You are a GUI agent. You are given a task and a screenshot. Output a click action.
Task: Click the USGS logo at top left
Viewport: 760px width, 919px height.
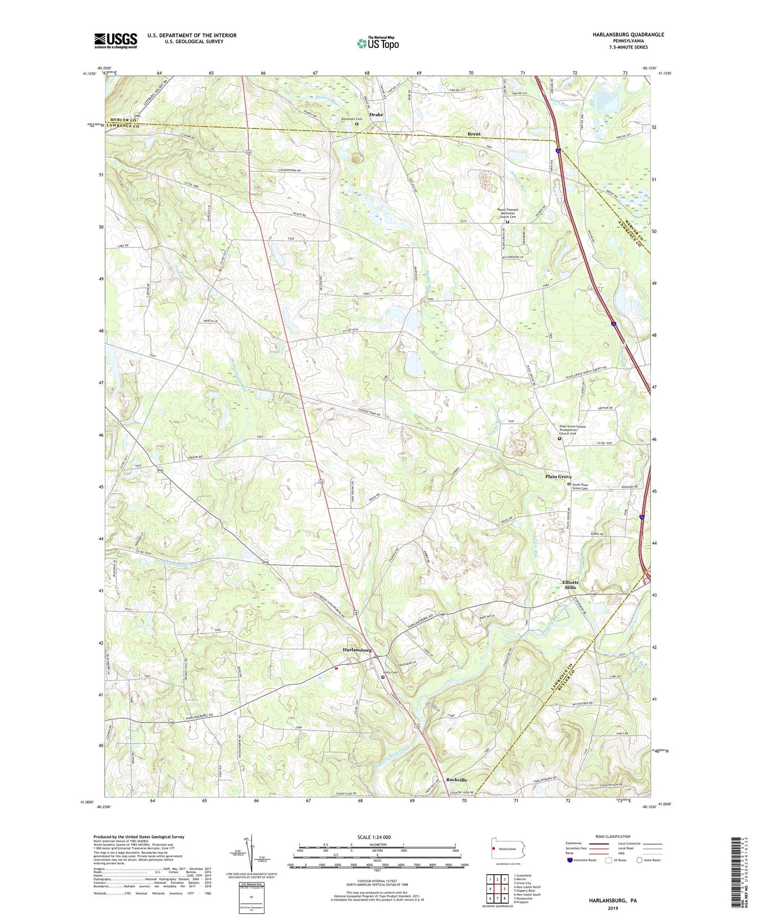(115, 41)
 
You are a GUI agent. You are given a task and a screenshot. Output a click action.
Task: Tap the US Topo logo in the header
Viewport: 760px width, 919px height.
(378, 43)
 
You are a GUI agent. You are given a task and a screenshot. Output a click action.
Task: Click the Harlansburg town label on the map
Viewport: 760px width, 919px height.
(357, 650)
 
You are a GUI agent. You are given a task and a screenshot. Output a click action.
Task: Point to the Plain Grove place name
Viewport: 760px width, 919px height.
(558, 476)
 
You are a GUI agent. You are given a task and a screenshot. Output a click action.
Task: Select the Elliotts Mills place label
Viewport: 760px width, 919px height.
(570, 585)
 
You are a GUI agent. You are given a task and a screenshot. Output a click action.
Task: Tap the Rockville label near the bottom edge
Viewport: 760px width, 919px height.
(457, 780)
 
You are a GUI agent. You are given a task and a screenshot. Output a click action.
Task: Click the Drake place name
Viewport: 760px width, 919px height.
(376, 114)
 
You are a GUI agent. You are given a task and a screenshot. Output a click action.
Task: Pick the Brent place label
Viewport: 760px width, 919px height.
(474, 134)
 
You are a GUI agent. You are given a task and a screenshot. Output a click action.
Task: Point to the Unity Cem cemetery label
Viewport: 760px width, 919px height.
(390, 672)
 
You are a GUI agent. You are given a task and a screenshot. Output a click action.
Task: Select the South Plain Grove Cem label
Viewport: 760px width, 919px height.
(583, 486)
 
